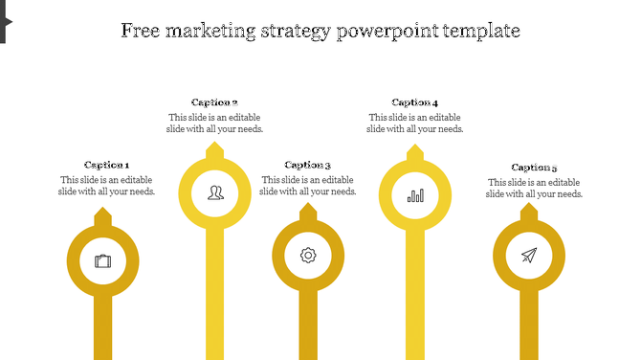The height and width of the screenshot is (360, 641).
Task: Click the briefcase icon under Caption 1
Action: [102, 260]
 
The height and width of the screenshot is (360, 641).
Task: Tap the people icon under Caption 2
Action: [215, 192]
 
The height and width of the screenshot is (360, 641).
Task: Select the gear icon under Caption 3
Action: [308, 255]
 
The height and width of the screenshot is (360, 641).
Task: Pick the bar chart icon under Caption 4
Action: [415, 194]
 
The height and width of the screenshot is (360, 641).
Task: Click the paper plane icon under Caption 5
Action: [529, 255]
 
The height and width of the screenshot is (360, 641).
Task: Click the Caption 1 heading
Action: [106, 165]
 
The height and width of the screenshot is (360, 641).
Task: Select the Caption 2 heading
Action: [214, 102]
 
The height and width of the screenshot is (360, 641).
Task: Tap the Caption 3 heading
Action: [308, 165]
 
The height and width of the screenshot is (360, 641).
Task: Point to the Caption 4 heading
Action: [415, 102]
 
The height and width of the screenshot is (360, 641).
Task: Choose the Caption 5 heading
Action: [534, 168]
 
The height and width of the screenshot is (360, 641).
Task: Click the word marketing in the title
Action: [211, 31]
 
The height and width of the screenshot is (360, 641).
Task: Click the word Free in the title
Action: [142, 31]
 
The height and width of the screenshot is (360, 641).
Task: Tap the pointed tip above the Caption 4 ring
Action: [415, 150]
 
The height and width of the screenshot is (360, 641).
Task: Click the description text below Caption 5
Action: [534, 188]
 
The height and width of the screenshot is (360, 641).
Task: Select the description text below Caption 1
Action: [107, 185]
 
